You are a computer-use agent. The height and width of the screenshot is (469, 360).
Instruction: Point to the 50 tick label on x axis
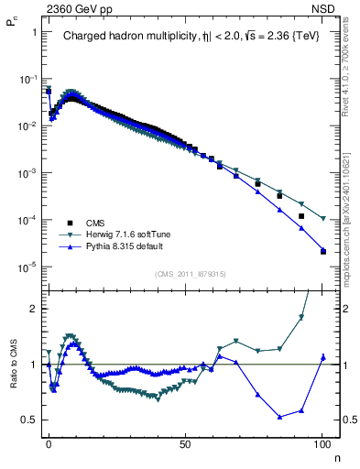pos(185,442)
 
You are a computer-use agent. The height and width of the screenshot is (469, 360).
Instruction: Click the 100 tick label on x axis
pos(322,442)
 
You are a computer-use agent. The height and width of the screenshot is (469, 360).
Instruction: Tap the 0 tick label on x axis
pos(49,442)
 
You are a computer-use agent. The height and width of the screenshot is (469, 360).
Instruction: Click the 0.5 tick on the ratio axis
pos(30,420)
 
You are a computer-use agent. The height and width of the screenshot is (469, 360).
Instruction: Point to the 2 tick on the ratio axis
pos(35,309)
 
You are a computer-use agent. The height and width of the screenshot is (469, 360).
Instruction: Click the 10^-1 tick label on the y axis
pos(28,79)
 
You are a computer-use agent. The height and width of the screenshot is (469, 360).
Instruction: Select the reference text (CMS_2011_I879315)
pos(190,273)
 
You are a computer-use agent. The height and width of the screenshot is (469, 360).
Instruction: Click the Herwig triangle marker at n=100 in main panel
pos(323,218)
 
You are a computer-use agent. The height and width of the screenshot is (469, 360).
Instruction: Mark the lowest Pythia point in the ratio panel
pos(279,417)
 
